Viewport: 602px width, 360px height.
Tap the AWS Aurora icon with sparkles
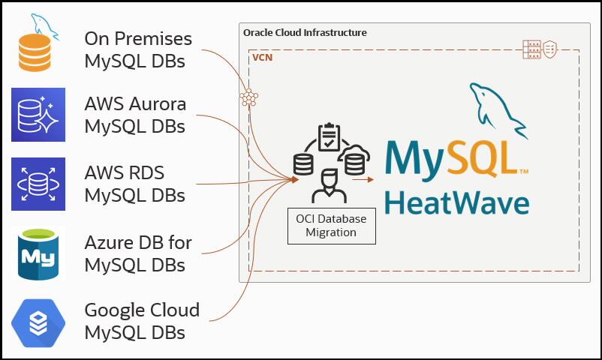[x=38, y=115]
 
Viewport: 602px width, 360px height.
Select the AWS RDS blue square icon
[x=38, y=184]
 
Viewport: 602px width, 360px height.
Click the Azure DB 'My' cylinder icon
[x=38, y=254]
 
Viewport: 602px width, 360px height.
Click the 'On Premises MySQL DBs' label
[x=138, y=49]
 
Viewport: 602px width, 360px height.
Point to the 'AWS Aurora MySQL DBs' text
[x=135, y=115]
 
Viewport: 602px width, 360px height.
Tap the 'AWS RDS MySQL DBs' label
[x=135, y=184]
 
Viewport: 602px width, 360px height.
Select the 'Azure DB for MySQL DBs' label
[x=138, y=253]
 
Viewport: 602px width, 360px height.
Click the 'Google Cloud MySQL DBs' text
[x=142, y=320]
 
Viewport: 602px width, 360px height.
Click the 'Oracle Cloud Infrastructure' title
[x=305, y=33]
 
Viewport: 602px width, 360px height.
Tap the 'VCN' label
[x=262, y=58]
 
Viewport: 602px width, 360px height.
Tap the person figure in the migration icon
[x=329, y=187]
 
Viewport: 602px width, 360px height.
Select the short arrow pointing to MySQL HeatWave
[x=363, y=179]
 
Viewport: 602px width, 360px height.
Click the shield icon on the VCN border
[x=550, y=49]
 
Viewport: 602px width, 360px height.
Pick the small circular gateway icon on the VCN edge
[x=248, y=97]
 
